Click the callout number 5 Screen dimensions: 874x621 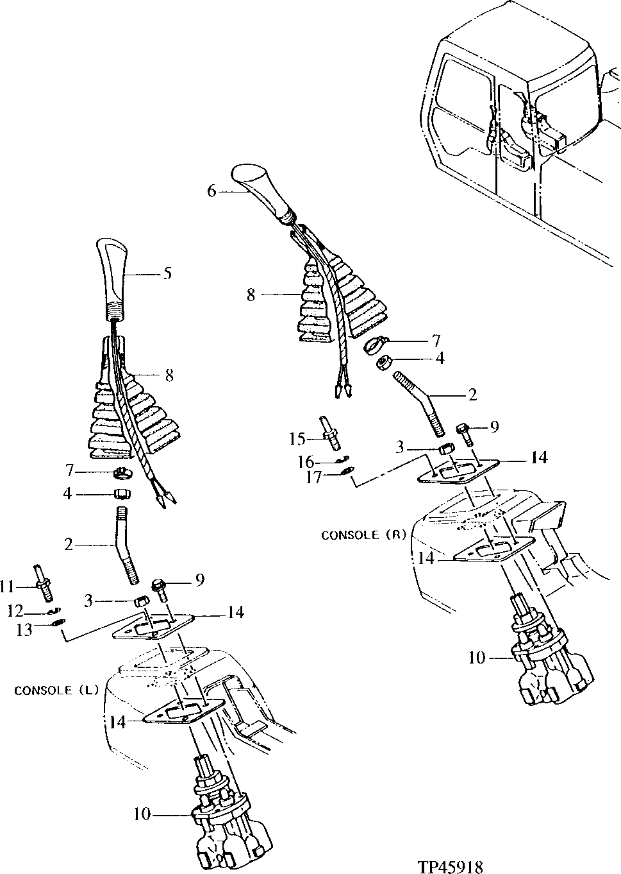[167, 273]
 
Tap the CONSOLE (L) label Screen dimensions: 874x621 [55, 690]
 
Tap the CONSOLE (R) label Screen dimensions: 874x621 [363, 534]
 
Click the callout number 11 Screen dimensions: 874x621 [6, 585]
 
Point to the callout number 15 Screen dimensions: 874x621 [296, 438]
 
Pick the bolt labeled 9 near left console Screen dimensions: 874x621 [160, 587]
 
